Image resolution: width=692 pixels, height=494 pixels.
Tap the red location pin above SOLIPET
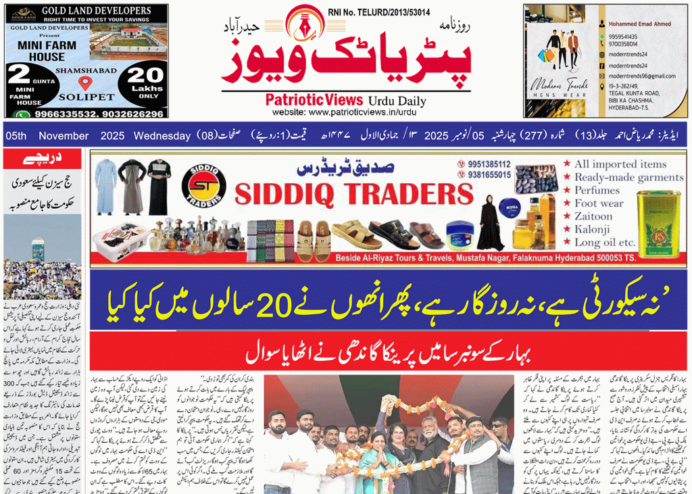click(x=84, y=83)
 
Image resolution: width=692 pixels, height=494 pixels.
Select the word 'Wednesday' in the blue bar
click(x=162, y=136)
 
